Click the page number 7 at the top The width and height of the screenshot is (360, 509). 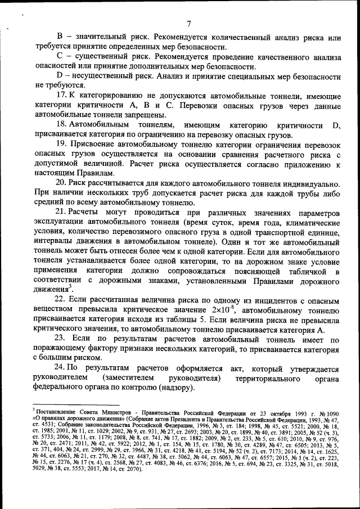click(x=189, y=24)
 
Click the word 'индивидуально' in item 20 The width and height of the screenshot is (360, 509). click(x=308, y=183)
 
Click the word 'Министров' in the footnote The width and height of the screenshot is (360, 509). click(x=118, y=412)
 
